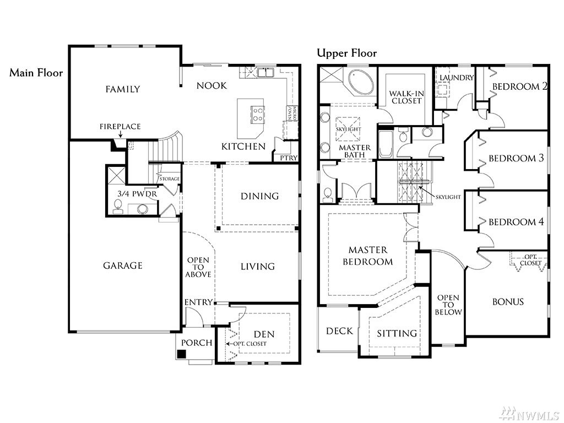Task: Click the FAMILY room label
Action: tap(123, 89)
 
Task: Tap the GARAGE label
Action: tap(123, 266)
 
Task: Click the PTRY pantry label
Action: tap(289, 158)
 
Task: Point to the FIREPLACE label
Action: tap(120, 127)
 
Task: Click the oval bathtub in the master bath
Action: tap(361, 83)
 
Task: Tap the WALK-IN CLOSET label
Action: tap(406, 97)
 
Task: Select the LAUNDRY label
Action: tap(457, 78)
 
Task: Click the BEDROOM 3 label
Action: tap(516, 158)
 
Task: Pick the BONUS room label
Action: tap(508, 302)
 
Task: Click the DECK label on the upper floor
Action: tap(339, 331)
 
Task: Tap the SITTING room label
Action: tap(397, 333)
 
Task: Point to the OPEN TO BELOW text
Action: tap(448, 305)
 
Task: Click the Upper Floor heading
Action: tap(347, 53)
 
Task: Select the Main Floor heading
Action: tap(36, 73)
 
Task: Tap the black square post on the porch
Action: tap(182, 354)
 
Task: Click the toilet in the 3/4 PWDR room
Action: tap(118, 207)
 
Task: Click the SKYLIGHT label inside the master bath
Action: tap(348, 129)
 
